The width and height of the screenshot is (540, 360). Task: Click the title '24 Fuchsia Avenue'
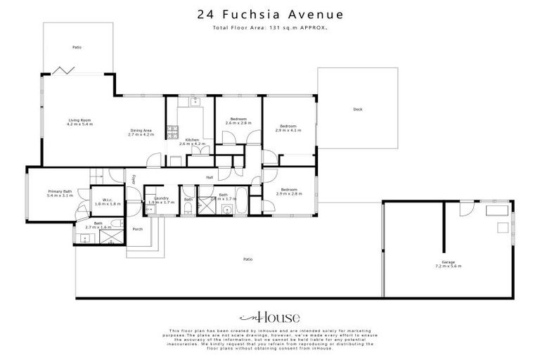270,13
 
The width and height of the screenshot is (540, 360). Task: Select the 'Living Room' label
80,122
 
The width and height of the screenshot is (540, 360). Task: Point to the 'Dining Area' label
141,131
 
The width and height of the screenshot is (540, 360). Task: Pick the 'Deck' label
357,109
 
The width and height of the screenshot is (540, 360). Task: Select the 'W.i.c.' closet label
108,201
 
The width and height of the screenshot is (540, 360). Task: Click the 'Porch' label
138,229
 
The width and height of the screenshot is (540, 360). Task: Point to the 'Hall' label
210,177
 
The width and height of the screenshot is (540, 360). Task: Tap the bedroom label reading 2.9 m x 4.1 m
288,128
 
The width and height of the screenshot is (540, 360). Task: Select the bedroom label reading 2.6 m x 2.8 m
237,121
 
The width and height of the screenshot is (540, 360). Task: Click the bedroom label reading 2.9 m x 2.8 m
288,191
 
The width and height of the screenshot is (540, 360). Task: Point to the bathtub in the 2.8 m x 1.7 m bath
238,205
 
